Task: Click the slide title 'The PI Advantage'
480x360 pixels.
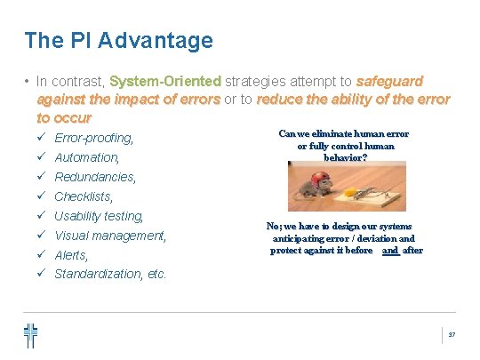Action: point(118,40)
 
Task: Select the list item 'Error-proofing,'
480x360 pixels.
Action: point(94,138)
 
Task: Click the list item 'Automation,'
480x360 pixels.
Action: point(87,157)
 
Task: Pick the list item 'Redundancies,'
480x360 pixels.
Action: point(95,177)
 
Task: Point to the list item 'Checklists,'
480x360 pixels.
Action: point(84,196)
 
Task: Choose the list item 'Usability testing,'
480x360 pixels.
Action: point(99,216)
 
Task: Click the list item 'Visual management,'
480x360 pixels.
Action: point(110,236)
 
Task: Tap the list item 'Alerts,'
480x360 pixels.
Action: point(72,255)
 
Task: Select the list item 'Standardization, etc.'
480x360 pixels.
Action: point(110,274)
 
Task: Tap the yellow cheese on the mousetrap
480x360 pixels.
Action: point(360,189)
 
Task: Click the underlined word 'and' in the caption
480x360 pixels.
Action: point(389,251)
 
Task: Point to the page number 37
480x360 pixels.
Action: point(451,334)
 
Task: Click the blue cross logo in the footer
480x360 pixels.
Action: point(31,334)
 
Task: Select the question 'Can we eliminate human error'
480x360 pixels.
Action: point(343,133)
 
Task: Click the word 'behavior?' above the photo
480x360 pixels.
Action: point(345,156)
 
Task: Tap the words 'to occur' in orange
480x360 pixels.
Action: point(64,117)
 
